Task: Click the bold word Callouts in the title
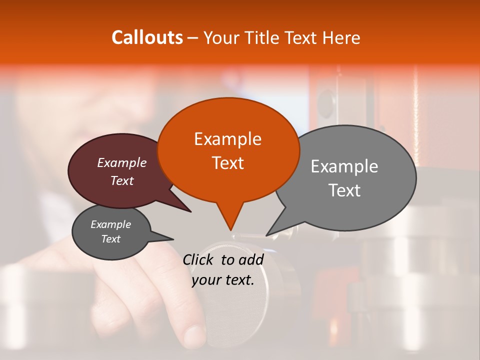tap(147, 37)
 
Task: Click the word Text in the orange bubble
tap(228, 163)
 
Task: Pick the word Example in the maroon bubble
tap(122, 162)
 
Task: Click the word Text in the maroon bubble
tap(122, 180)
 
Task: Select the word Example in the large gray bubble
tap(344, 166)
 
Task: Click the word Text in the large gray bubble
tap(345, 190)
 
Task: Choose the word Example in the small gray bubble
tap(110, 224)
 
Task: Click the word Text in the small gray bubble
tap(110, 239)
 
